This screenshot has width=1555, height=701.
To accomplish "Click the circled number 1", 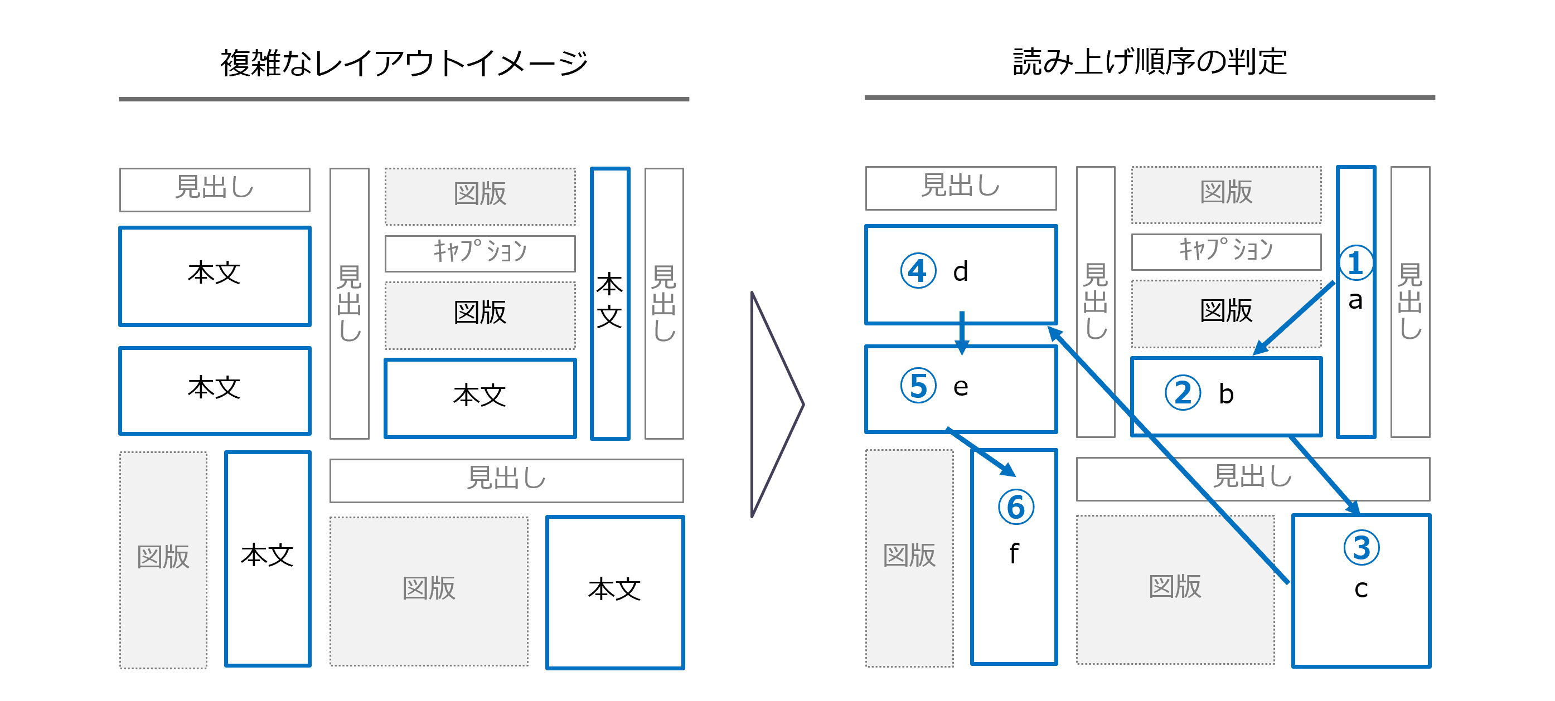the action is [1355, 263].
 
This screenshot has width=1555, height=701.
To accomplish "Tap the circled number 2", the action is [1183, 393].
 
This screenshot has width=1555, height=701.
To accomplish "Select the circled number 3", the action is [1361, 548].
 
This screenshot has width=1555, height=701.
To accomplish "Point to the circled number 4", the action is [918, 271].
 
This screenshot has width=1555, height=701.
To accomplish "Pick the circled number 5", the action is [918, 386].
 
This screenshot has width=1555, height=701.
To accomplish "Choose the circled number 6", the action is [1015, 507].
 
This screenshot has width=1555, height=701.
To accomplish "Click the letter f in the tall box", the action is [1014, 554].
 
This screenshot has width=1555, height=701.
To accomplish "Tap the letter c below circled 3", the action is [1360, 589].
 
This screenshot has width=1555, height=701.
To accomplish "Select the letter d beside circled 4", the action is [961, 271].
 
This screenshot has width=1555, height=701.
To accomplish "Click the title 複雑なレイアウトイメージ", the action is [404, 64].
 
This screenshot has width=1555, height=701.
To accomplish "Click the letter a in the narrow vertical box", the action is [1355, 300].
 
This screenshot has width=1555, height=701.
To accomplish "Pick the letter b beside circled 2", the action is [1226, 394].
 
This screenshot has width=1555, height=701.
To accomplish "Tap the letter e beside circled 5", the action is [961, 387].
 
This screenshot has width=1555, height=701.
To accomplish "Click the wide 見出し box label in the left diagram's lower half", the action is [506, 479].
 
